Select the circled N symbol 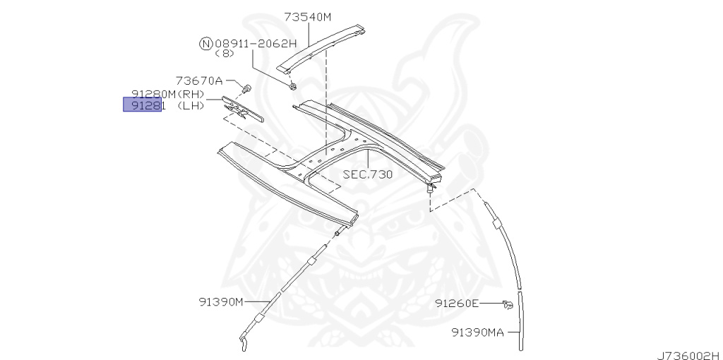pyautogui.click(x=205, y=43)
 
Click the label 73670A pyautogui.click(x=199, y=80)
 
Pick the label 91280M pyautogui.click(x=154, y=94)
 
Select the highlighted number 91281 pyautogui.click(x=143, y=106)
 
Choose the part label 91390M pyautogui.click(x=220, y=301)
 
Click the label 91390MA pyautogui.click(x=478, y=331)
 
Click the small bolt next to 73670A pyautogui.click(x=247, y=89)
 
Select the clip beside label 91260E pyautogui.click(x=507, y=304)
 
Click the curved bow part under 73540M pyautogui.click(x=321, y=49)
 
